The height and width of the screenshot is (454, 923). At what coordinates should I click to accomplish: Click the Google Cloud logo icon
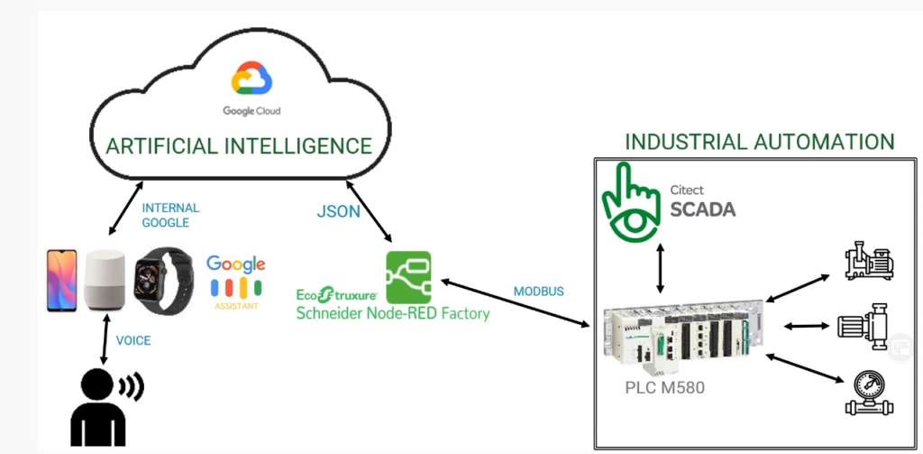coord(251,79)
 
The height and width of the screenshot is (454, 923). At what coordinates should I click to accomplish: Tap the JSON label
coord(338,212)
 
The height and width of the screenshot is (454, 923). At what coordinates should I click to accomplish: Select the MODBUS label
coord(538,292)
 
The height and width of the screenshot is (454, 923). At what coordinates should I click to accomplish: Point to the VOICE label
coord(133,340)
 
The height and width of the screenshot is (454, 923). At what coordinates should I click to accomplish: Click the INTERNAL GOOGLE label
coord(170,215)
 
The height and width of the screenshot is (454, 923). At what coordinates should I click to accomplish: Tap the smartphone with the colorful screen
coord(62,282)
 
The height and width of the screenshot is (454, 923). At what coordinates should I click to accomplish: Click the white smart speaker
coord(105,282)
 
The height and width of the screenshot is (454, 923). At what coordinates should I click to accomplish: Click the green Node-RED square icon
coord(408,277)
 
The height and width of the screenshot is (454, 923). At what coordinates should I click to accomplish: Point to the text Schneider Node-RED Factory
coord(393,314)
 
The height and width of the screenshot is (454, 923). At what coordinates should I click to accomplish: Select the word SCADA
coord(702,209)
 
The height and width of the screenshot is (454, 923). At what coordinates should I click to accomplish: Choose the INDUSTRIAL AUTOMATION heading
coord(759,142)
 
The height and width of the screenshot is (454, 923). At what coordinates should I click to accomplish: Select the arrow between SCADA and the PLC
coord(662,267)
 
